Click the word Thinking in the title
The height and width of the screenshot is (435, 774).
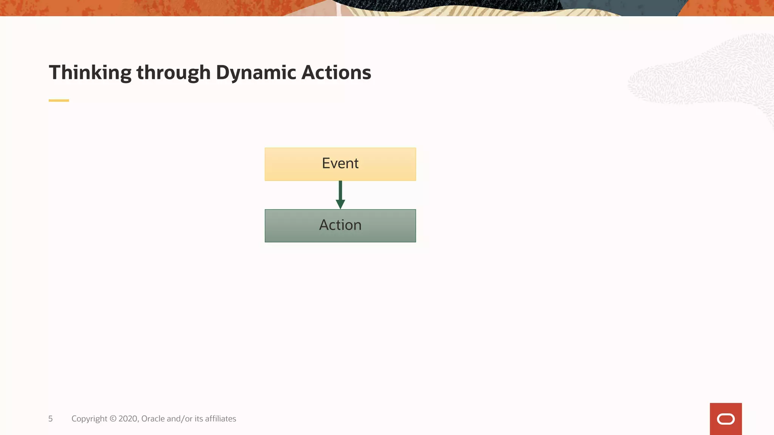click(90, 72)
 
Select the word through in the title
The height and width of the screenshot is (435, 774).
click(173, 72)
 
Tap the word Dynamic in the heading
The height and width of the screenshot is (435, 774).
click(256, 72)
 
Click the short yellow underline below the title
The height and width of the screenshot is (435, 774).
click(59, 100)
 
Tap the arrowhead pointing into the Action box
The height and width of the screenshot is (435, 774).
click(340, 204)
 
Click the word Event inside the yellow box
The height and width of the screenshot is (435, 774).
click(340, 164)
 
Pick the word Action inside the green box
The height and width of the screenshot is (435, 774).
click(340, 225)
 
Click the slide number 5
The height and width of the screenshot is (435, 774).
click(50, 419)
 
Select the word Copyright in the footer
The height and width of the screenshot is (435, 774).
click(89, 419)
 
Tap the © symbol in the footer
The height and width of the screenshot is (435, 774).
click(113, 419)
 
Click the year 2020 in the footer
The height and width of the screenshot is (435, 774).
click(128, 419)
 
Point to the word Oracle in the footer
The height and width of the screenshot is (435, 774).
click(153, 419)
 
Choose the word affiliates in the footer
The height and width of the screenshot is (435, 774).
click(220, 419)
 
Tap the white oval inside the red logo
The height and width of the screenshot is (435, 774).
click(726, 419)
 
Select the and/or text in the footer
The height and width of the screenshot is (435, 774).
click(180, 419)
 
